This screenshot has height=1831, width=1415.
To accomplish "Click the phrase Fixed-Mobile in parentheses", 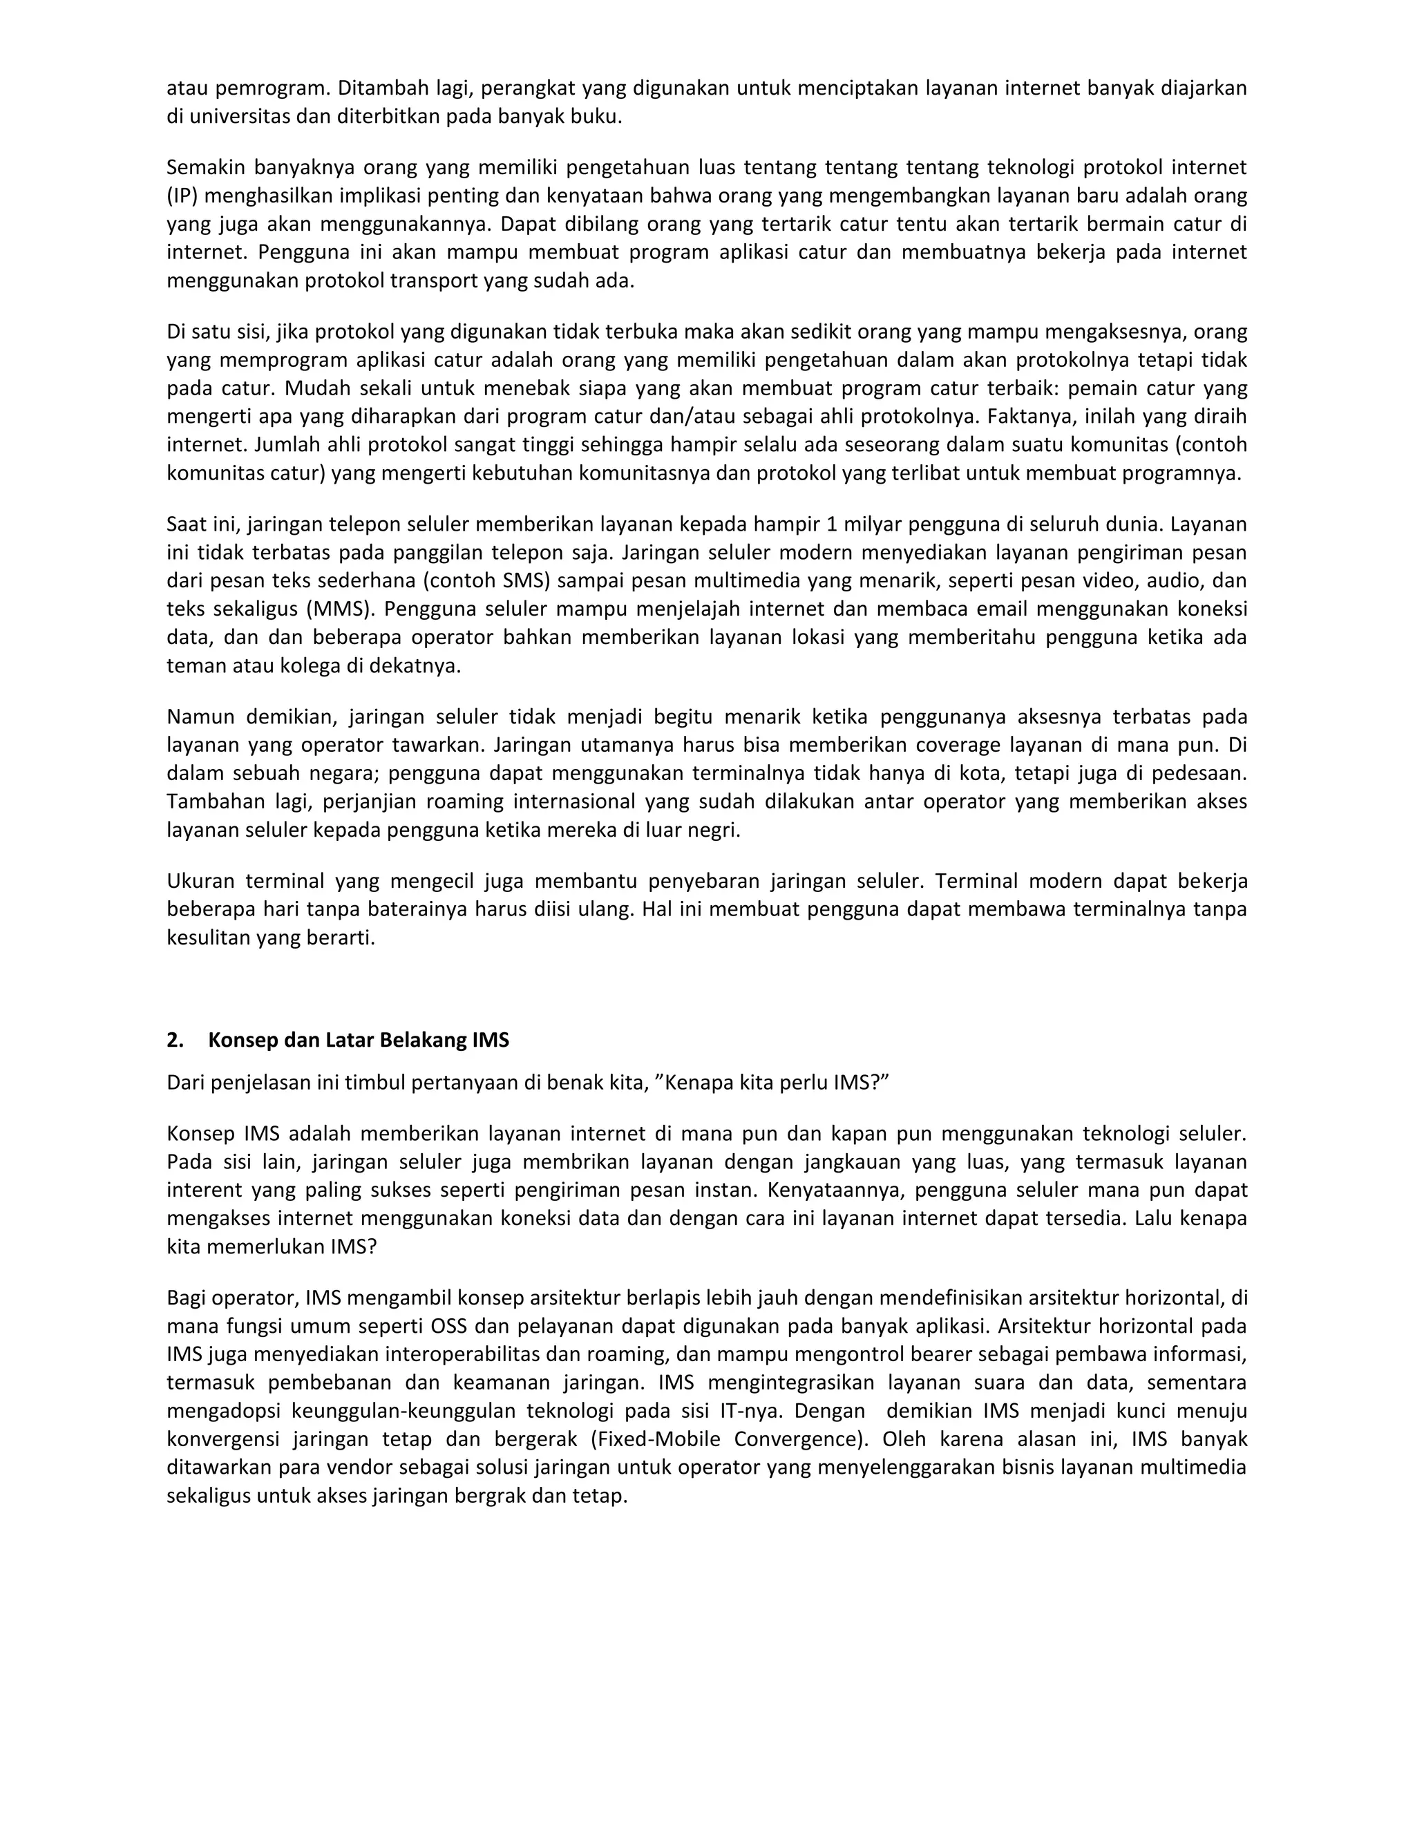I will [658, 1439].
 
